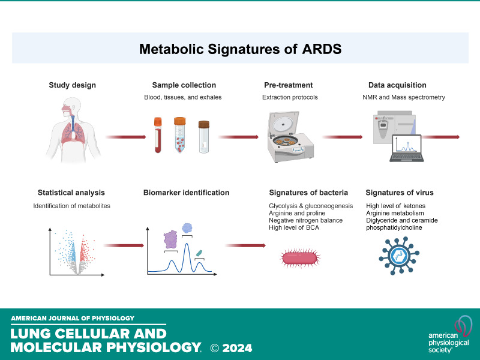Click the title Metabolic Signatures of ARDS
click(x=241, y=49)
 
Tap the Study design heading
click(x=72, y=85)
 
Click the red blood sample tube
click(x=158, y=135)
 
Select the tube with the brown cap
click(x=204, y=137)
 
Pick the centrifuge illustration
click(x=290, y=137)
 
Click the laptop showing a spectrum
click(x=407, y=148)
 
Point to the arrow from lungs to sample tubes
click(x=126, y=137)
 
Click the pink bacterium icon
click(x=300, y=258)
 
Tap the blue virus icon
click(x=399, y=256)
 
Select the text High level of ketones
click(x=395, y=206)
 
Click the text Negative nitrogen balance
click(x=305, y=220)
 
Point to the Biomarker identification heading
click(x=186, y=193)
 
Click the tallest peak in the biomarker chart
click(x=187, y=244)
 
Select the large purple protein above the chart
click(x=170, y=239)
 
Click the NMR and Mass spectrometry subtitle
click(x=403, y=97)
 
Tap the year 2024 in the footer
click(x=237, y=348)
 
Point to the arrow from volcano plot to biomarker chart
click(x=124, y=245)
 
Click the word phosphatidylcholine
click(x=394, y=228)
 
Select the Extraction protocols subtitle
click(x=290, y=97)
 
